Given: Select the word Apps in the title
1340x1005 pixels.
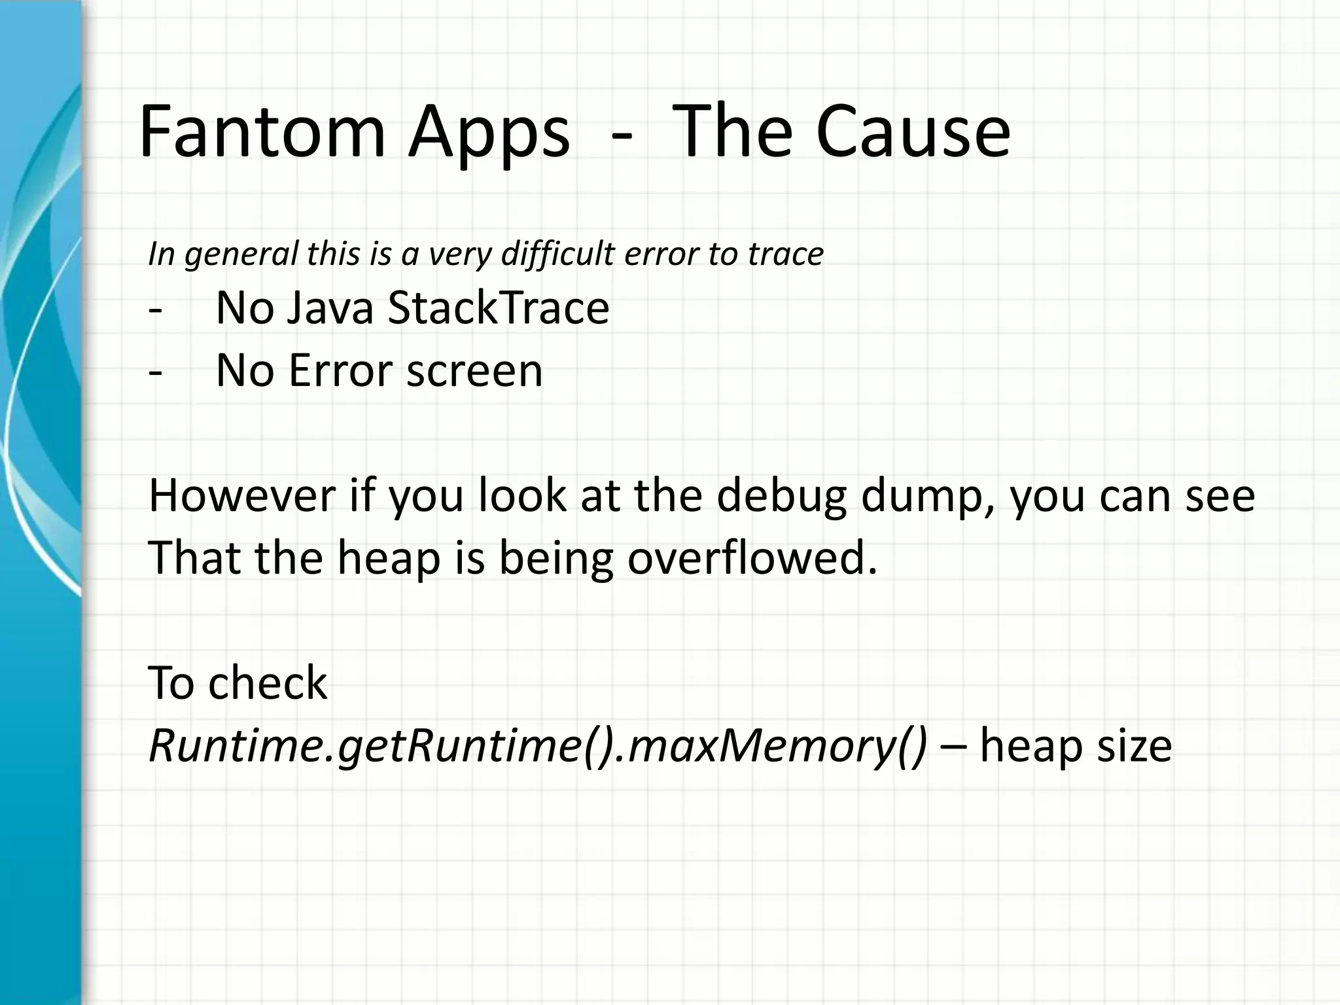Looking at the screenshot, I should (x=488, y=135).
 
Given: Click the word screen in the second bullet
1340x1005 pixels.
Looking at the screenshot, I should (x=474, y=371).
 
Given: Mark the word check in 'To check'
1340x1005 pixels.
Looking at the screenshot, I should (x=268, y=683).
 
